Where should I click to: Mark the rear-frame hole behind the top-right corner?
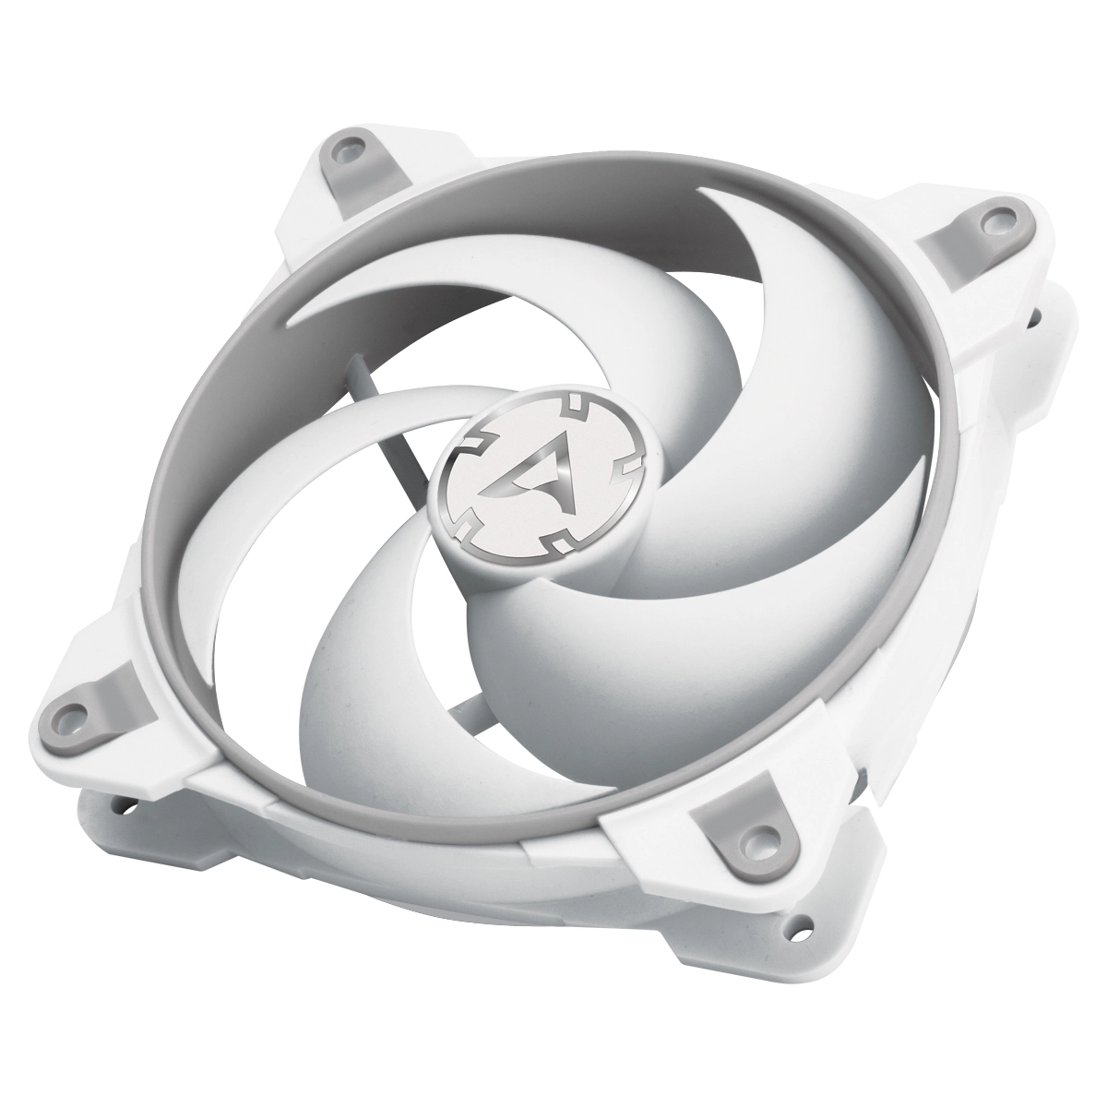[1034, 316]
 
